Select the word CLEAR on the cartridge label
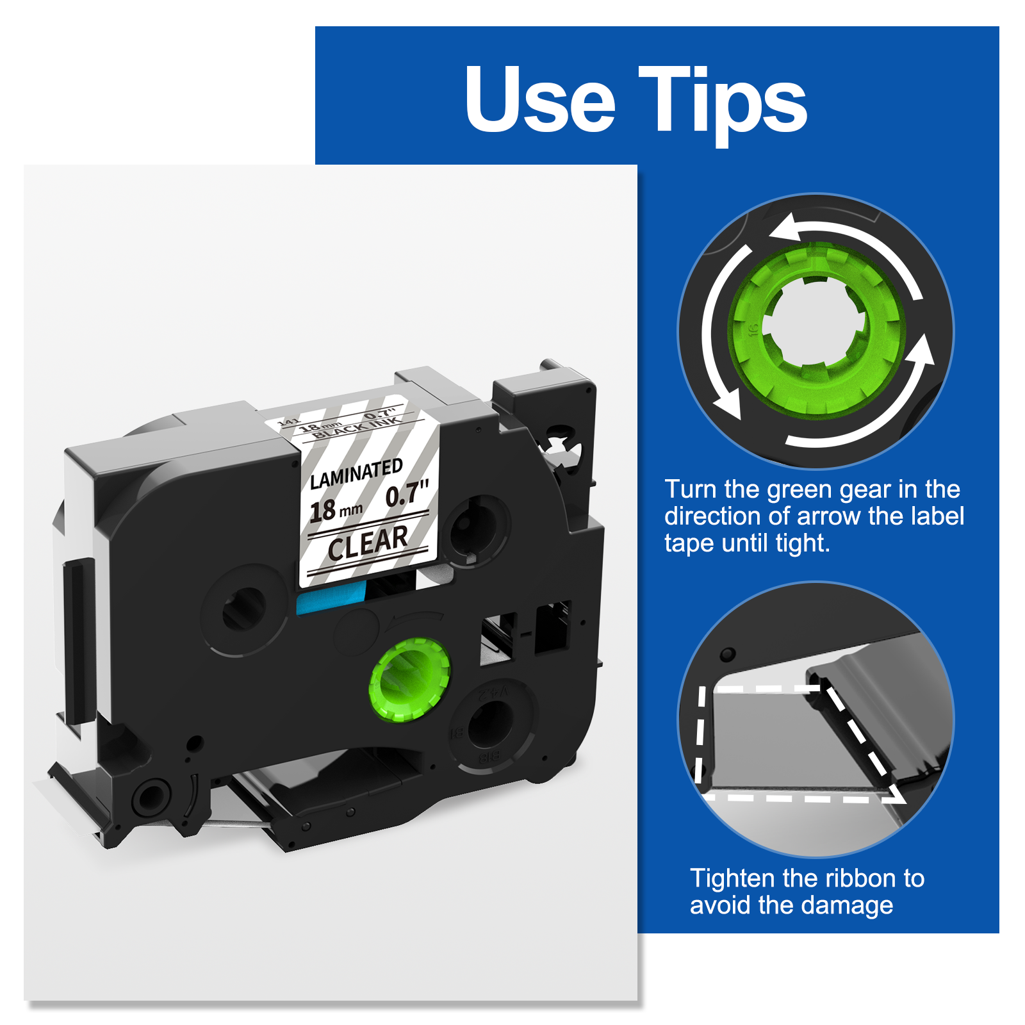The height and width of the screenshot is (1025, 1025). (368, 543)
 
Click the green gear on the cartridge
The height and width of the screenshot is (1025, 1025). (409, 680)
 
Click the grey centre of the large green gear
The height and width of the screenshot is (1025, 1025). (814, 324)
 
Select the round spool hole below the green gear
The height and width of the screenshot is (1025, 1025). (490, 724)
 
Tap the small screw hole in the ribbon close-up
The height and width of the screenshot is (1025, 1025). (728, 655)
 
